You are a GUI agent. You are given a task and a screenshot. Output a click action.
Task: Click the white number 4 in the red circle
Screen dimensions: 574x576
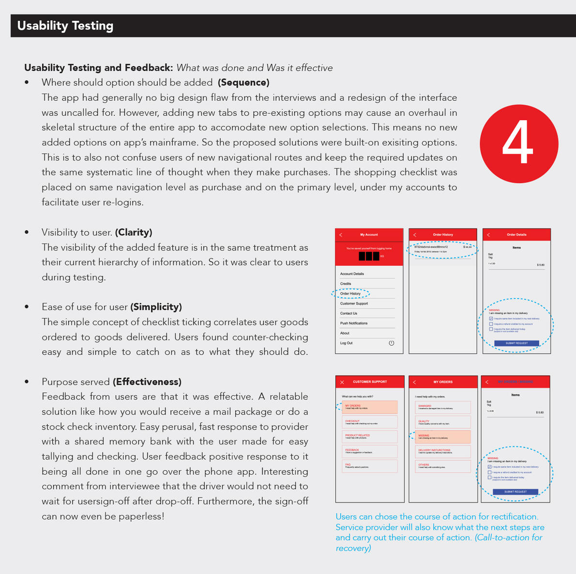(x=518, y=144)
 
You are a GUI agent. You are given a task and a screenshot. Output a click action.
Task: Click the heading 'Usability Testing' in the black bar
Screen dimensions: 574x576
(x=65, y=26)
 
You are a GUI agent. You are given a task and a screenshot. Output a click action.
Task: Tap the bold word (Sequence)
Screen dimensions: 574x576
(x=243, y=82)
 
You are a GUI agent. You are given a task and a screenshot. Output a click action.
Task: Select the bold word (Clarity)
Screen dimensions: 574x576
(x=134, y=232)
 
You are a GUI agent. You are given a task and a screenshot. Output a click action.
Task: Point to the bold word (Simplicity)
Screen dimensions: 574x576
(x=157, y=307)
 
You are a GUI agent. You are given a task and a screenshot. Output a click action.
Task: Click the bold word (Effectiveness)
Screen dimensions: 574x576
(x=147, y=382)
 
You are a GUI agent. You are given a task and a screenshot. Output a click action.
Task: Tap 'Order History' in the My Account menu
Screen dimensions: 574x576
(x=350, y=293)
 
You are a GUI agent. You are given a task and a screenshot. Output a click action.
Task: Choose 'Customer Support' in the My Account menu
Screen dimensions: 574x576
(x=354, y=303)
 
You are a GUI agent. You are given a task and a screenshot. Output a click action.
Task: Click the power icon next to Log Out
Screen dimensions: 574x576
(x=392, y=343)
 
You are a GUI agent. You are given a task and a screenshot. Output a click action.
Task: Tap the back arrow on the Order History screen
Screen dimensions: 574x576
(x=415, y=235)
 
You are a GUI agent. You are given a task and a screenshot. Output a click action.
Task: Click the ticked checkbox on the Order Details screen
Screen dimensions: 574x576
(x=491, y=319)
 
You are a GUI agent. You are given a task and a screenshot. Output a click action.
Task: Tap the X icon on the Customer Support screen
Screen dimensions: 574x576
(x=342, y=382)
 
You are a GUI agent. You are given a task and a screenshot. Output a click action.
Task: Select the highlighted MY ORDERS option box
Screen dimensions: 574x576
(x=370, y=407)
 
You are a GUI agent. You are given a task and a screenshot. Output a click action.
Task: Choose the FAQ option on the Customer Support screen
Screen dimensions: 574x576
(x=370, y=466)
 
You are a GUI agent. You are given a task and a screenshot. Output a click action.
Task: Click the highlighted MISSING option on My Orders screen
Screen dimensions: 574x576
(x=443, y=437)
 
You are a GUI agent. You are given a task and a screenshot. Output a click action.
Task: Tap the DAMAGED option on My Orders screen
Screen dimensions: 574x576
(x=443, y=407)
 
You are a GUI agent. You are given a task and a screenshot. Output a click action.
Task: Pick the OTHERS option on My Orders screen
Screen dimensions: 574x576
(x=443, y=466)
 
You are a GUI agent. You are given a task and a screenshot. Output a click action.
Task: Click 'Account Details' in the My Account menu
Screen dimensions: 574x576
(x=352, y=274)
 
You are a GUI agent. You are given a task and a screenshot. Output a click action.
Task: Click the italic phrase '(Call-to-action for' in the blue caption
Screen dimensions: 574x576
(x=509, y=537)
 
